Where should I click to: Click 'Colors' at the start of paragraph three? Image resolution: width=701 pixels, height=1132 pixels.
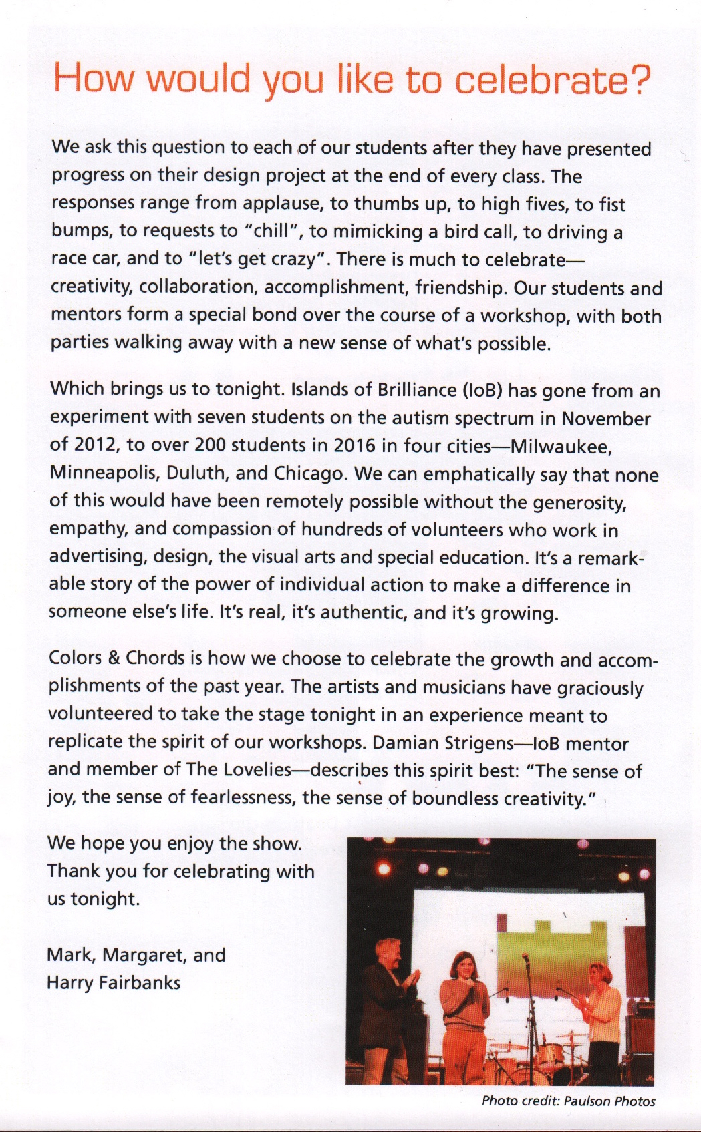pos(74,658)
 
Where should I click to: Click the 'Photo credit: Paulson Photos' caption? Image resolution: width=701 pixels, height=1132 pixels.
pos(568,1101)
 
